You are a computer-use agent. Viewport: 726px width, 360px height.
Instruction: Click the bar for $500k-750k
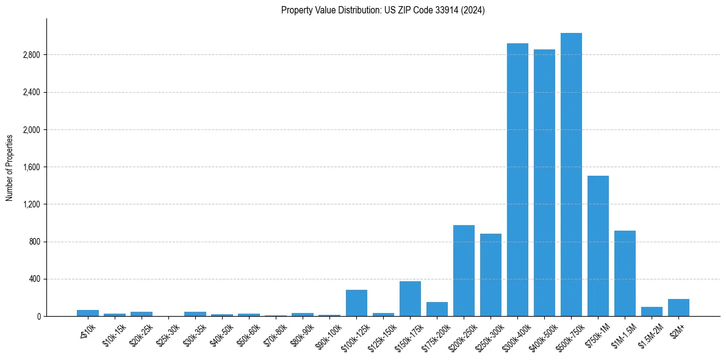tap(571, 175)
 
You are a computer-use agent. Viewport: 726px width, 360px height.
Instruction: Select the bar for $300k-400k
tap(517, 180)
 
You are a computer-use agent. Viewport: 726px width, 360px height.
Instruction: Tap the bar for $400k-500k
tap(544, 183)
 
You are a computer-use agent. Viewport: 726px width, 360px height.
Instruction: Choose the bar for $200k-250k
tap(464, 271)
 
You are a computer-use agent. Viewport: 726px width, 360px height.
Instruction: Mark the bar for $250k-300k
tap(491, 275)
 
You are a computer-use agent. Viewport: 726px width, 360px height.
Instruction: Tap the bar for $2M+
tap(678, 308)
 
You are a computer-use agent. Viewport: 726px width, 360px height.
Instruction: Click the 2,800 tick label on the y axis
tap(31, 55)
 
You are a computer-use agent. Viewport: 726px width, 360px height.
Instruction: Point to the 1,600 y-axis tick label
tap(31, 167)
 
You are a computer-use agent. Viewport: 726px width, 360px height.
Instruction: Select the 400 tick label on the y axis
tap(34, 279)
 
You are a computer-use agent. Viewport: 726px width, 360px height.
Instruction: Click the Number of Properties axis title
tap(10, 167)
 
